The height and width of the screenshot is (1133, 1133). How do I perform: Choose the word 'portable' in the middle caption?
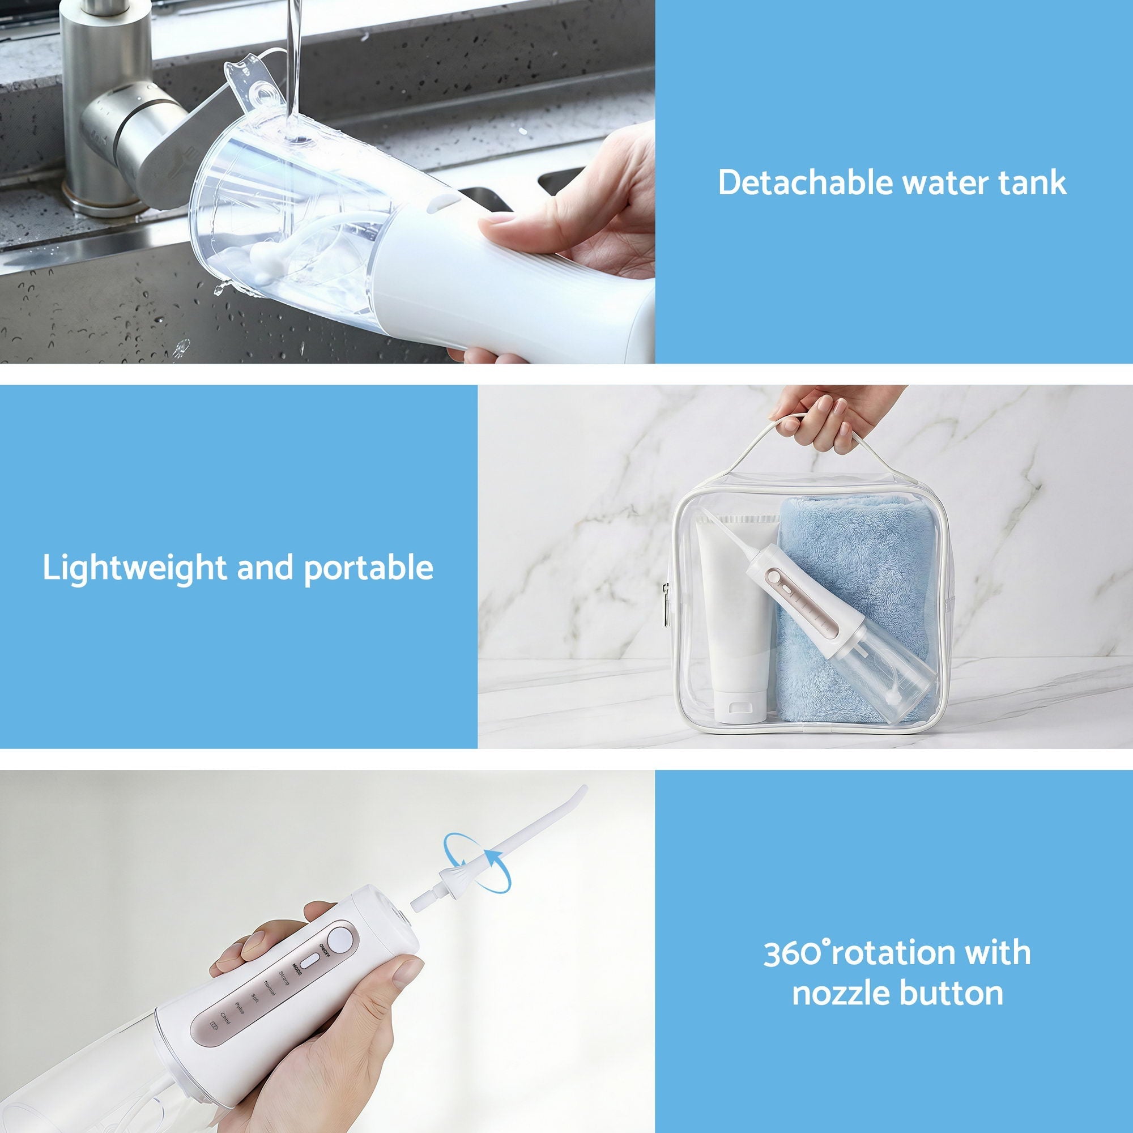click(x=369, y=568)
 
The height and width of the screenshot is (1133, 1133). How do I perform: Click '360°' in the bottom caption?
click(x=797, y=953)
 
